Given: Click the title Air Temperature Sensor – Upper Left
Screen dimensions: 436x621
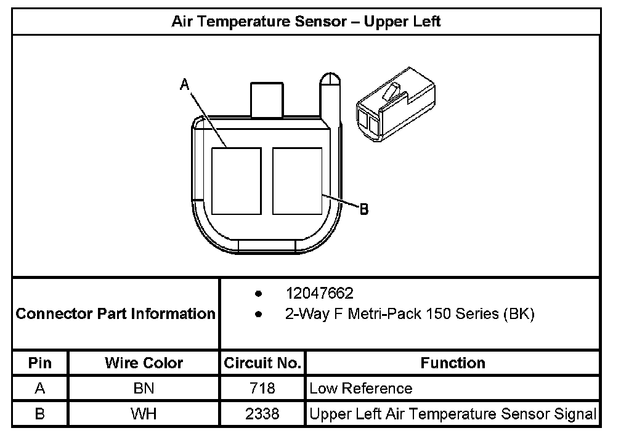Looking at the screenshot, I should [306, 22].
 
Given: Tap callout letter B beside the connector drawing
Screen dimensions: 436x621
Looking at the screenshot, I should [364, 209].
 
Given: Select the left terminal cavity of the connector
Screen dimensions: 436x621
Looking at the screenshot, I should [236, 180].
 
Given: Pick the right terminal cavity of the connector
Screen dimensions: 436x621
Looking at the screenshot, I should [298, 180].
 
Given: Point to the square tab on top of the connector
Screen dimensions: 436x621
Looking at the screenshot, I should [266, 99].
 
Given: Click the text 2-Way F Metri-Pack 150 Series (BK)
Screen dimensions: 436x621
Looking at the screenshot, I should [410, 314].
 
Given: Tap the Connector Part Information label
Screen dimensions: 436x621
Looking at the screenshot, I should [115, 314].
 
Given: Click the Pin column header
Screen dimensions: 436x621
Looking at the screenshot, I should [40, 363].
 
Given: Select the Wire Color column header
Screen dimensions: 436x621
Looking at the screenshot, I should [144, 363].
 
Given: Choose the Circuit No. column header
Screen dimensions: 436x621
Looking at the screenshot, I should [262, 363].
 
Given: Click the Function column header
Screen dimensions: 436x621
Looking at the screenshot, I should [453, 363].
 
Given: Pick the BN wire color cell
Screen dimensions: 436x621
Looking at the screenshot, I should [144, 389].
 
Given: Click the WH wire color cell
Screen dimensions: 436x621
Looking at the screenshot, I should [144, 414].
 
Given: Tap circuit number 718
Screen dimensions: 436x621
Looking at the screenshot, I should [262, 389].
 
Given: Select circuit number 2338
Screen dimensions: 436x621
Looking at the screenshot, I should [262, 414].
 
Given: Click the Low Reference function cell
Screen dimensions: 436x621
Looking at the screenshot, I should [361, 389].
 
